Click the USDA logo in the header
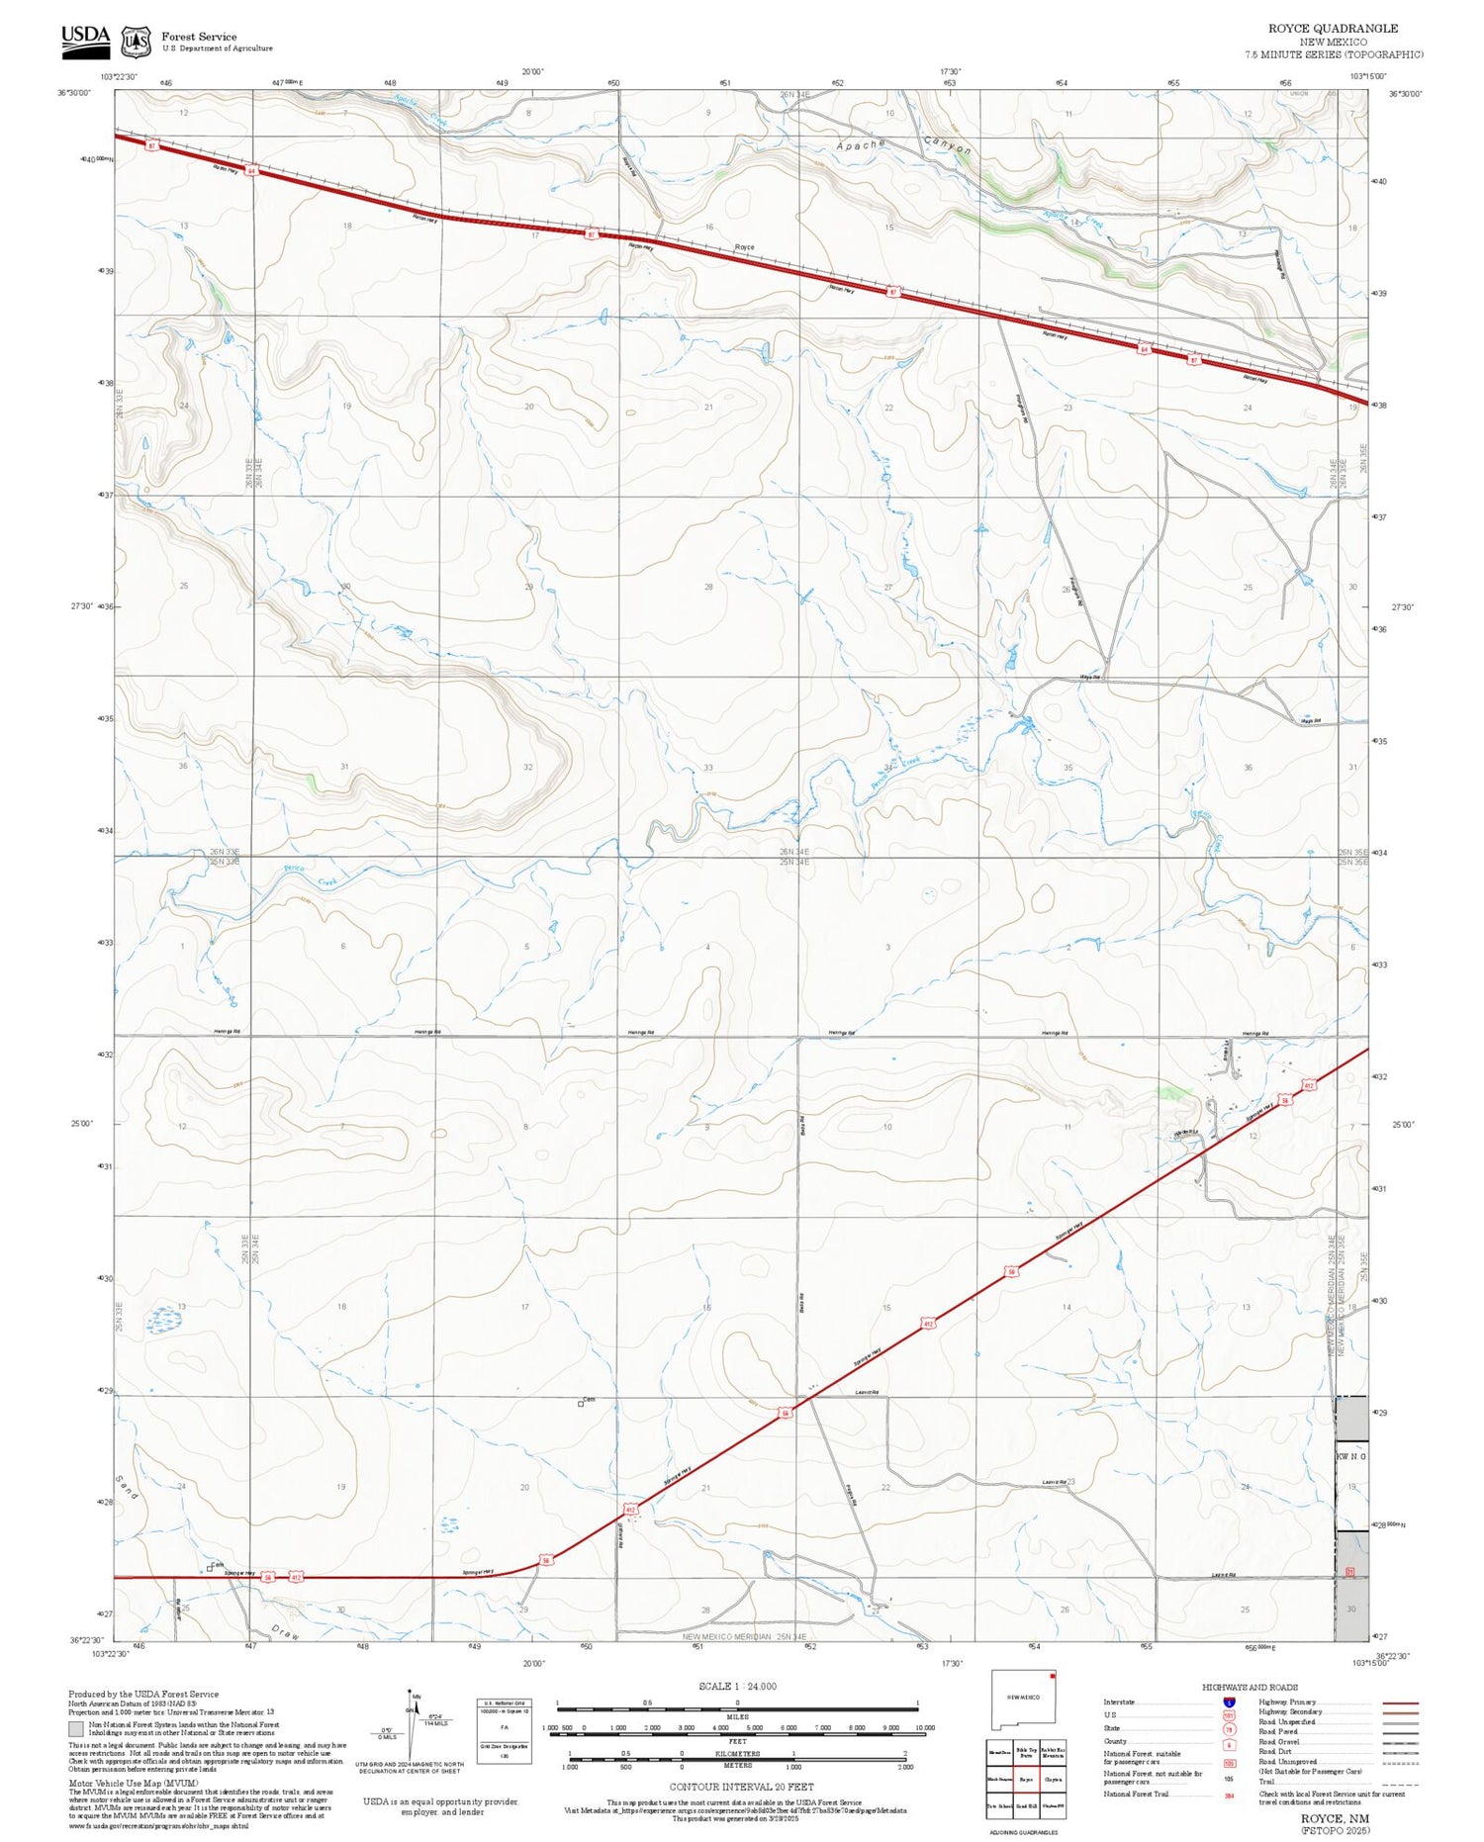pos(85,38)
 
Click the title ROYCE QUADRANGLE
pos(1333,29)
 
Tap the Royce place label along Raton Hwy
pos(744,247)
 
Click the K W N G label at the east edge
pos(1351,1456)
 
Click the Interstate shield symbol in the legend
pos(1229,1703)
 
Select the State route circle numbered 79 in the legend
pos(1229,1729)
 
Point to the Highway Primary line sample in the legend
pos(1395,1703)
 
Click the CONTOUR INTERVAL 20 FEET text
pos(741,1787)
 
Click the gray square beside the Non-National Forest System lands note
pos(76,1729)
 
